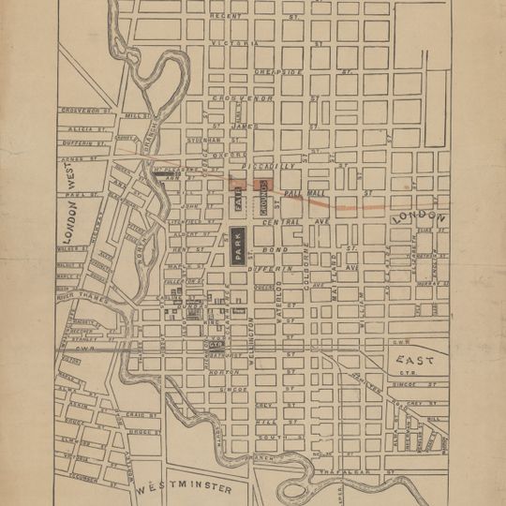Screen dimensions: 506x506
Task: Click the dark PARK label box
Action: coord(239,246)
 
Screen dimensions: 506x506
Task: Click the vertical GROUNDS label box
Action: coord(264,193)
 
